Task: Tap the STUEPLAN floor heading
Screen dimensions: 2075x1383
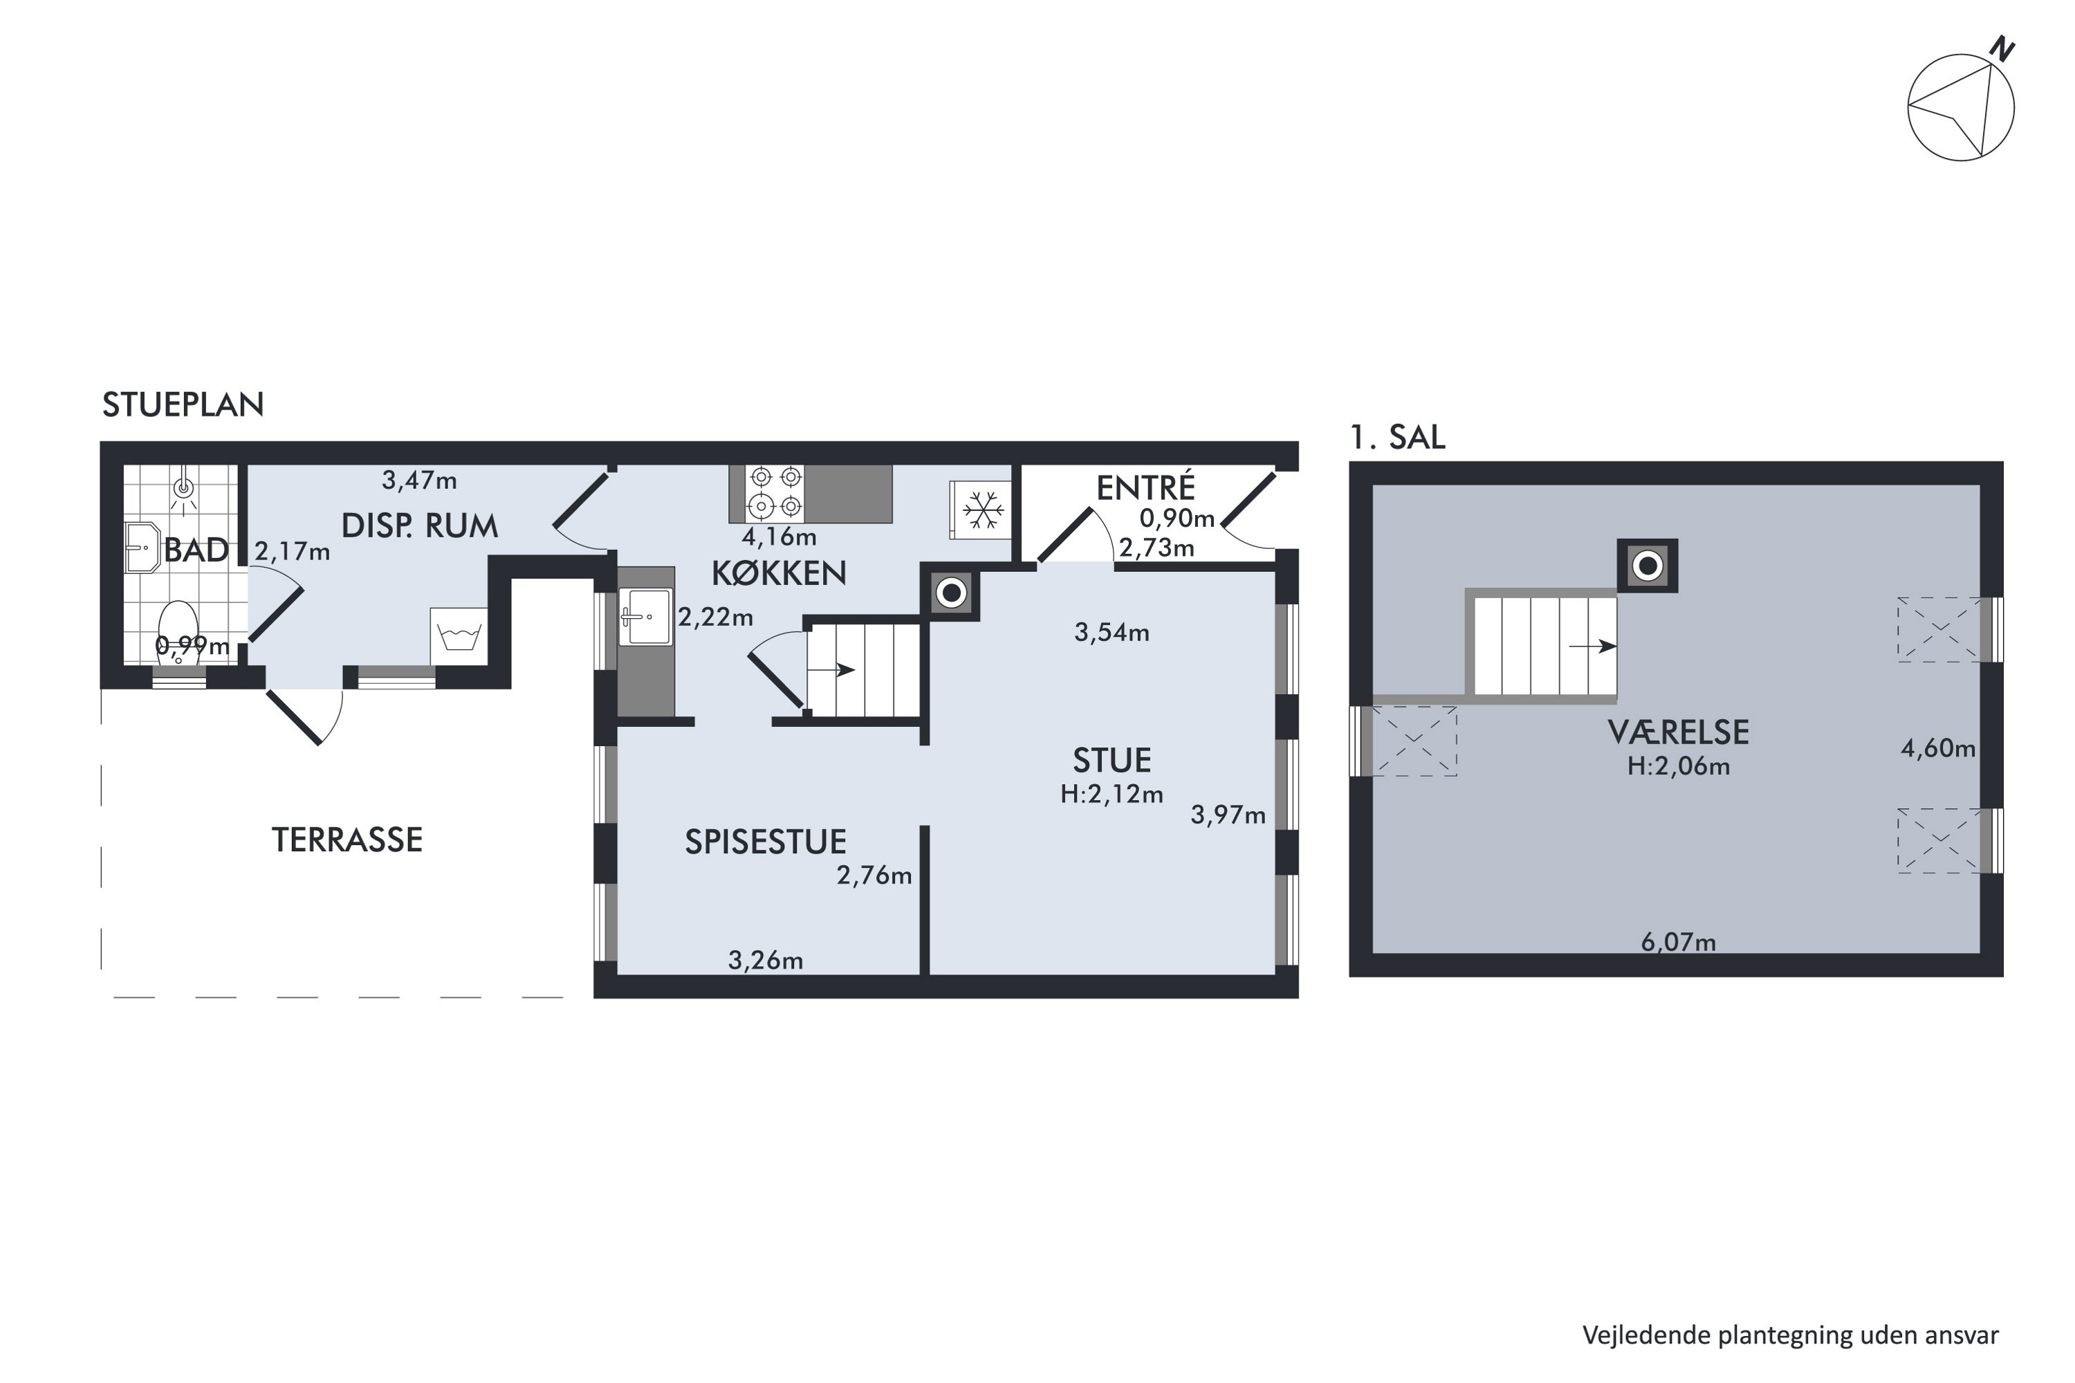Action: tap(183, 405)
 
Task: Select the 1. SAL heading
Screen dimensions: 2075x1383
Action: tap(1397, 438)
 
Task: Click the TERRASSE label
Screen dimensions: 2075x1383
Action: tap(347, 839)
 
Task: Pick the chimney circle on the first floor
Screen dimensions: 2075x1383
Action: tap(1646, 566)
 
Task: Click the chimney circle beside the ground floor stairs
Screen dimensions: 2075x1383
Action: tap(951, 593)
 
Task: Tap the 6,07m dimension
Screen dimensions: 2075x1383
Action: tap(1678, 942)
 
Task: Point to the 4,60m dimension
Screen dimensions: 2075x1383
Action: tap(1937, 749)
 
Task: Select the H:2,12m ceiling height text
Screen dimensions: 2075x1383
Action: tap(1112, 795)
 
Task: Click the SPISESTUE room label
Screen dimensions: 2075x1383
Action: tap(766, 842)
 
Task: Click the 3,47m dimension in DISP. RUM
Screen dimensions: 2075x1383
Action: tap(419, 481)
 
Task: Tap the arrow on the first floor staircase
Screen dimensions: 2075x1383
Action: tap(1592, 647)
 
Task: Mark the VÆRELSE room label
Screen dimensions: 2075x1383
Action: tap(1678, 732)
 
